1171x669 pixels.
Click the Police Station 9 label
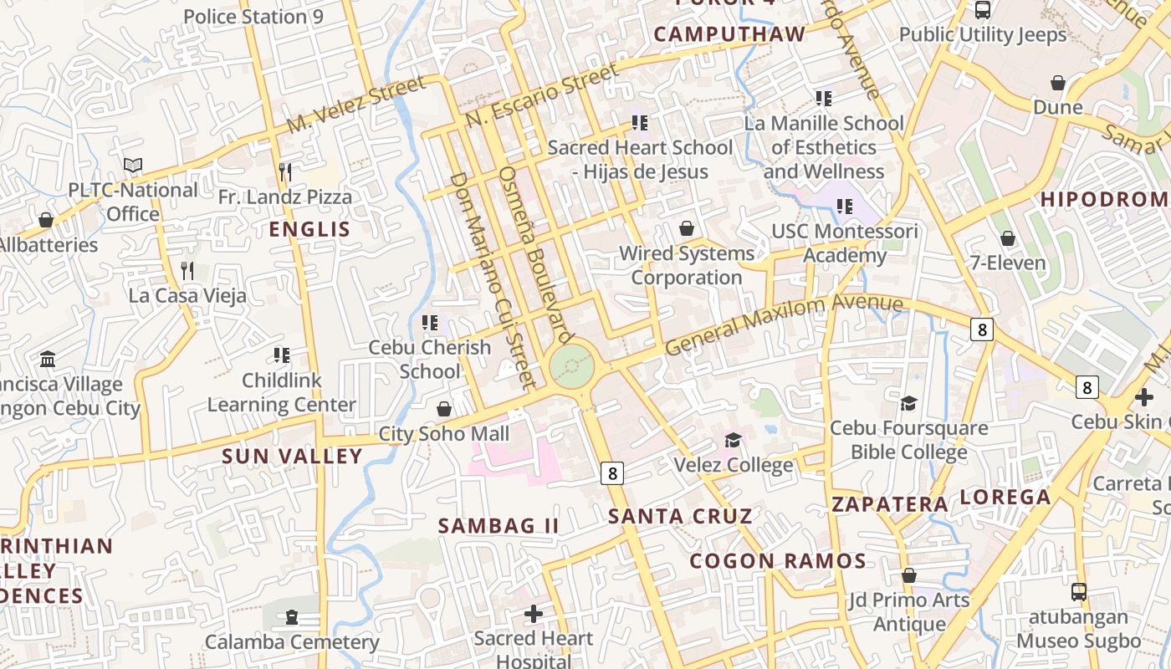[x=253, y=17]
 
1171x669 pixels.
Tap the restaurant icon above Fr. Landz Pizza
[x=285, y=172]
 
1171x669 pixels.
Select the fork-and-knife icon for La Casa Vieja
[x=187, y=270]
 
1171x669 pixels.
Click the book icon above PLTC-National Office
[x=133, y=165]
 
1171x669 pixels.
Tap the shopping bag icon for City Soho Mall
[x=444, y=409]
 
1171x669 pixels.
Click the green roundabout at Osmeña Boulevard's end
[x=573, y=367]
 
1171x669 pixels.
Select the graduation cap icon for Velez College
[x=734, y=440]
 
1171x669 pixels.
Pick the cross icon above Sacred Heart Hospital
[x=533, y=615]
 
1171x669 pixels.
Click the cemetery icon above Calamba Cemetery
[x=291, y=618]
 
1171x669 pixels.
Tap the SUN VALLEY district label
[x=292, y=457]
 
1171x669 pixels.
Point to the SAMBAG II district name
[x=499, y=526]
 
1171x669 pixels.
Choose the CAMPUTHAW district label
[x=729, y=34]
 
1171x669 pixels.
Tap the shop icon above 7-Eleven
[x=1008, y=238]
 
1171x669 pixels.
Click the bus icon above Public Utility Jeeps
[x=983, y=10]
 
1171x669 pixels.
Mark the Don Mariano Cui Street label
[x=491, y=280]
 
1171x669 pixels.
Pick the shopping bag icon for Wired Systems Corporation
[x=687, y=228]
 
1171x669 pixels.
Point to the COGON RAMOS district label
[x=778, y=561]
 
